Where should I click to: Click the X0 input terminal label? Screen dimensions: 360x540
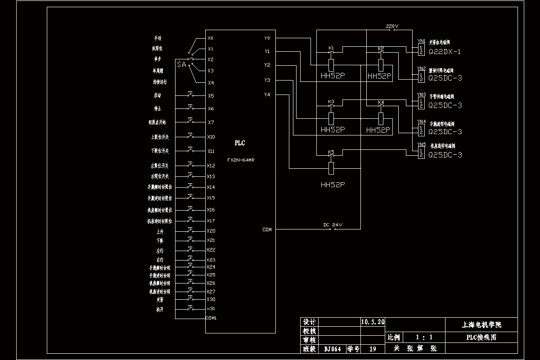point(211,38)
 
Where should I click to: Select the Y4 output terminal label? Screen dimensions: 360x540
point(267,94)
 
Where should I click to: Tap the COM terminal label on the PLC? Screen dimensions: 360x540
point(267,229)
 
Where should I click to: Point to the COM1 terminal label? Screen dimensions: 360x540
point(211,318)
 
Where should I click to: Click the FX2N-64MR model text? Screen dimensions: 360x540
point(241,160)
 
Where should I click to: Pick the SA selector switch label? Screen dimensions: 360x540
point(181,65)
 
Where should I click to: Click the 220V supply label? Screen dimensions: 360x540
point(392,27)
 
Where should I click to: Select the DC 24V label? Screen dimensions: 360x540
point(333,225)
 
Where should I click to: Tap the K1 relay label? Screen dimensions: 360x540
point(331,48)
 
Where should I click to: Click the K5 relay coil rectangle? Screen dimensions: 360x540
point(332,168)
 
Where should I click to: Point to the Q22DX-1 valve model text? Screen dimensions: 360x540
point(445,52)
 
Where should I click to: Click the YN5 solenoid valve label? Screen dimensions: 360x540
point(421,144)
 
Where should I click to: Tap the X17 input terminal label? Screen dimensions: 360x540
point(211,220)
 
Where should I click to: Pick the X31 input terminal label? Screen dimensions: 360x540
point(211,308)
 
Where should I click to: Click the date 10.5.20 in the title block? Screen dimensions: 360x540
point(373,322)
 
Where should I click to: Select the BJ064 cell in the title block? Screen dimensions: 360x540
point(333,349)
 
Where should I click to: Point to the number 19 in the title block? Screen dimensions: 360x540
point(373,349)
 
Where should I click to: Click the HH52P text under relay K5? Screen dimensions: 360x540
point(333,185)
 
